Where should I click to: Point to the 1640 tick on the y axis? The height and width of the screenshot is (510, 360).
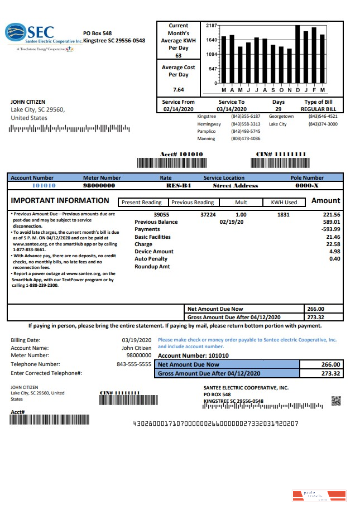212,40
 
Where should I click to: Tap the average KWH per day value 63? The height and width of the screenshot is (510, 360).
178,56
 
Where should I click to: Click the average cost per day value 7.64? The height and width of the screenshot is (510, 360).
178,89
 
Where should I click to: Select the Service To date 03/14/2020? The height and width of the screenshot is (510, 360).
231,109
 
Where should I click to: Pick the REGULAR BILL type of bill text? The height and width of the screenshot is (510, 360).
318,109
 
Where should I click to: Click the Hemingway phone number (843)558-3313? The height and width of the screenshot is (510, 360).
246,124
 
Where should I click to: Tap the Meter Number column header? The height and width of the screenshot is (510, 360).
102,178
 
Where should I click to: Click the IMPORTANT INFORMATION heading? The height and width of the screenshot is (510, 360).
60,201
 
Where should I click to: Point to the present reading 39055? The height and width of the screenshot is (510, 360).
161,214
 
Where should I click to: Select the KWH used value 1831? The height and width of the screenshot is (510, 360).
284,214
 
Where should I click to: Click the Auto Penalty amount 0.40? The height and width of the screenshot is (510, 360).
334,259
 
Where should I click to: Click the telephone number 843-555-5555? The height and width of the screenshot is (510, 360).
134,364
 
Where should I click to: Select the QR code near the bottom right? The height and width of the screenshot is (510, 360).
336,400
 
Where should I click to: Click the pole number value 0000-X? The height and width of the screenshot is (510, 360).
306,185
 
